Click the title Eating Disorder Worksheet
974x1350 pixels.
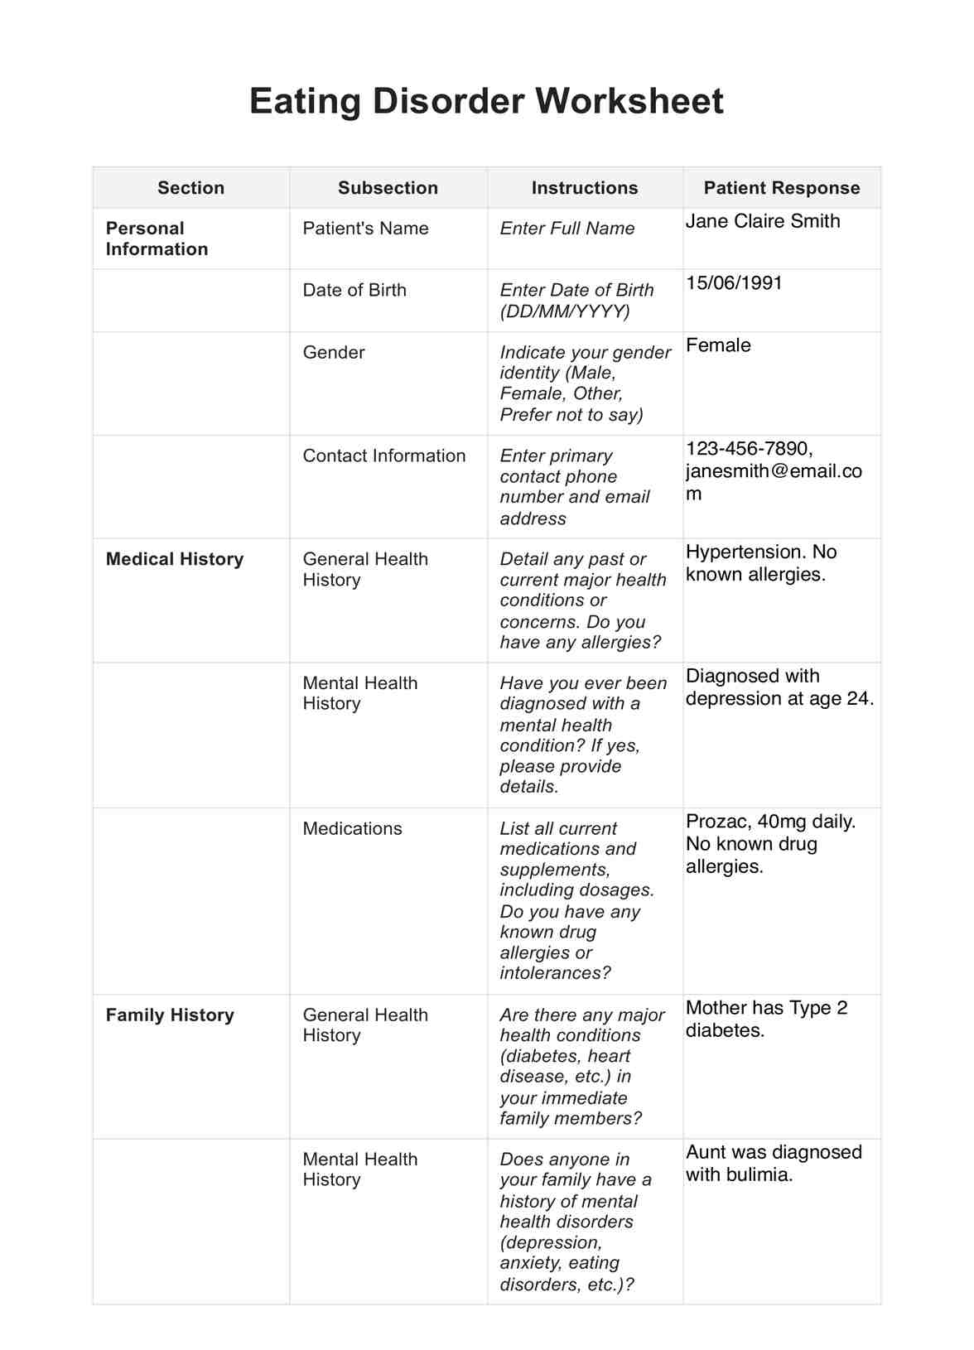coord(486,102)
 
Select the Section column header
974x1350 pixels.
coord(190,188)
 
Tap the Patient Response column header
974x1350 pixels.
coord(781,188)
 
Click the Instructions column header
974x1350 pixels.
coord(584,188)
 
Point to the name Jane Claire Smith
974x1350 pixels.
coord(762,221)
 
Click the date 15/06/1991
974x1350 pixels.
coord(734,283)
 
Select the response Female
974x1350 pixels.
coord(718,345)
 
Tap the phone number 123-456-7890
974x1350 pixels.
coord(748,449)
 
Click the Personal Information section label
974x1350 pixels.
coord(157,239)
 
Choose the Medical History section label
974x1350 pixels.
coord(175,559)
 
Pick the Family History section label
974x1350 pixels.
coord(170,1015)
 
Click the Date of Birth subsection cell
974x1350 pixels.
coord(354,290)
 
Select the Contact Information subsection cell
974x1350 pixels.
coord(383,456)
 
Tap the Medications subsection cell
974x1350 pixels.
coord(352,828)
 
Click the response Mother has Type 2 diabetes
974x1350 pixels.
coord(766,1019)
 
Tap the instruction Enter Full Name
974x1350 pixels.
coord(567,229)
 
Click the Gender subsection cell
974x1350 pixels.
coord(333,352)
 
